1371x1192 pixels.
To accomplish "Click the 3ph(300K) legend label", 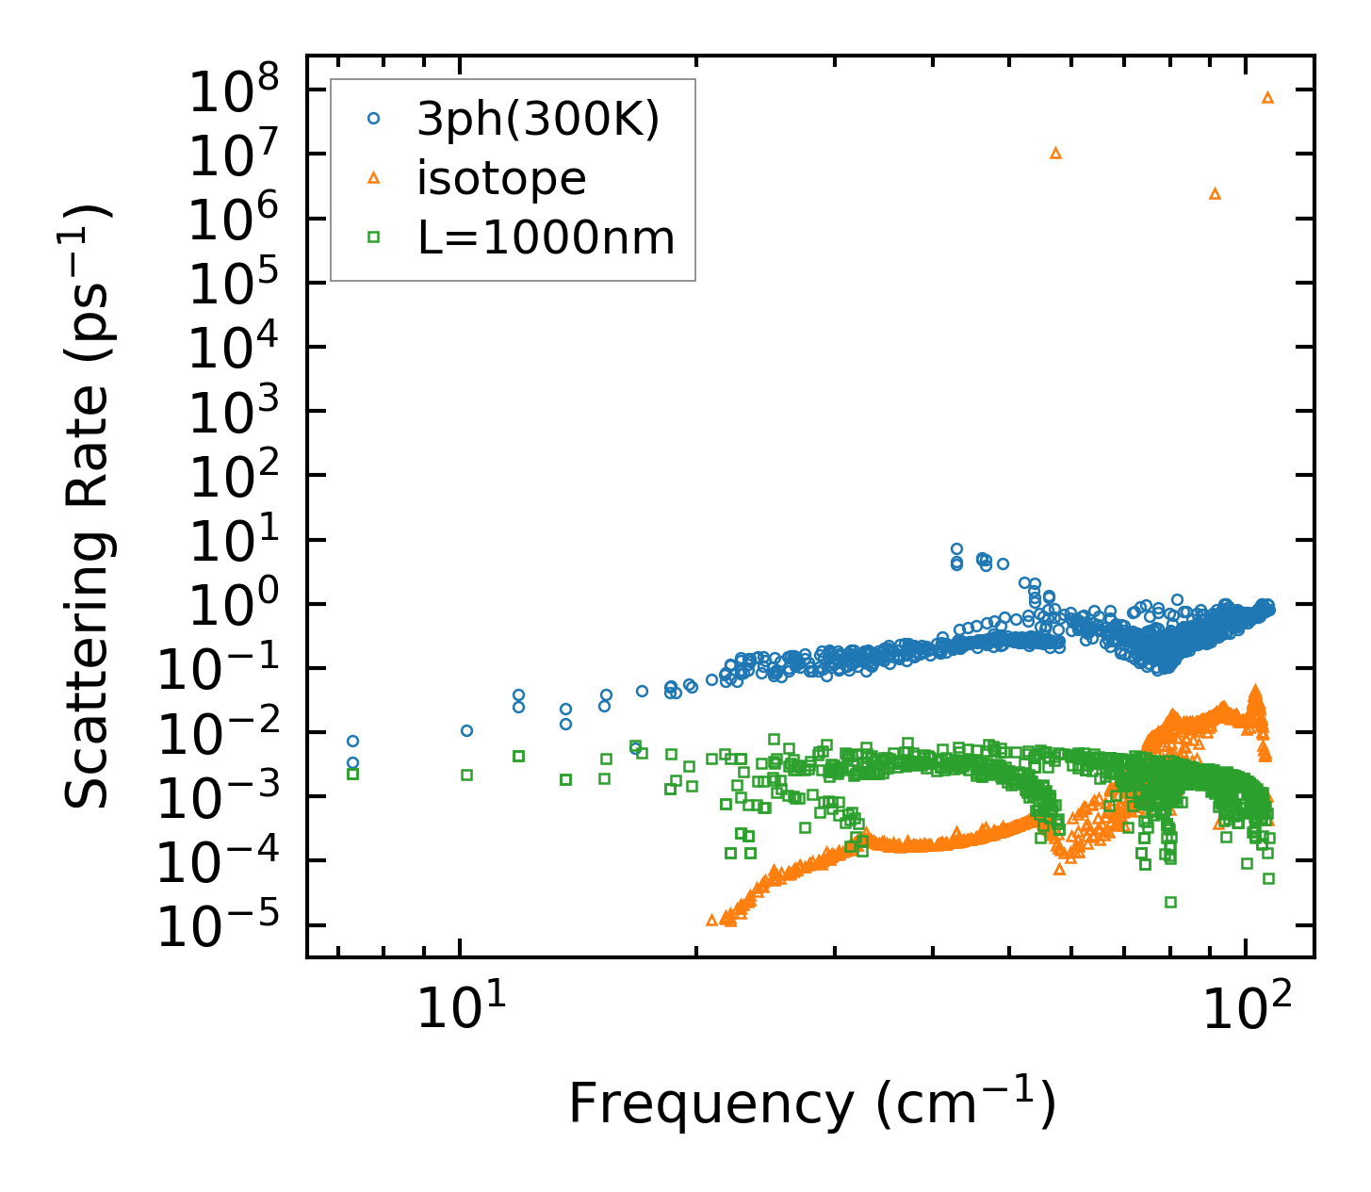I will pyautogui.click(x=538, y=119).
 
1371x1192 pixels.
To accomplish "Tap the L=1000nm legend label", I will pyautogui.click(x=547, y=237).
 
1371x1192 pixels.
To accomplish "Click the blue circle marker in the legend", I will pyautogui.click(x=374, y=119).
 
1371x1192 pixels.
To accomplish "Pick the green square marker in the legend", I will pyautogui.click(x=374, y=237).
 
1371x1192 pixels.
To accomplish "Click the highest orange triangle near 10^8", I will pyautogui.click(x=1267, y=97).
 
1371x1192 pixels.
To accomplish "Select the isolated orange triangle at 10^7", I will pyautogui.click(x=1056, y=153).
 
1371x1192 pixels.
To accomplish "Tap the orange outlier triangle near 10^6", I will pyautogui.click(x=1215, y=193).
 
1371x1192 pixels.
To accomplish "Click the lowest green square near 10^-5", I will pyautogui.click(x=1170, y=902).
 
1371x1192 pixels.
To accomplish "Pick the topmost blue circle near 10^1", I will pyautogui.click(x=956, y=548).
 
